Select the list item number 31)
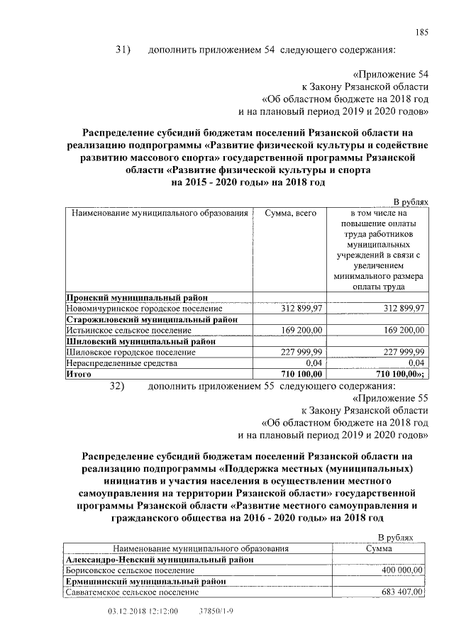point(124,50)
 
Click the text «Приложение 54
point(390,74)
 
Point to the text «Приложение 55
point(390,399)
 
